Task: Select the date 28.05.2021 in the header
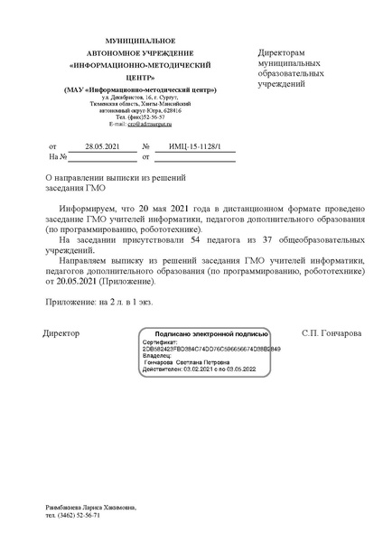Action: pos(95,146)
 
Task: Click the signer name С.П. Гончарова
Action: pos(332,333)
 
